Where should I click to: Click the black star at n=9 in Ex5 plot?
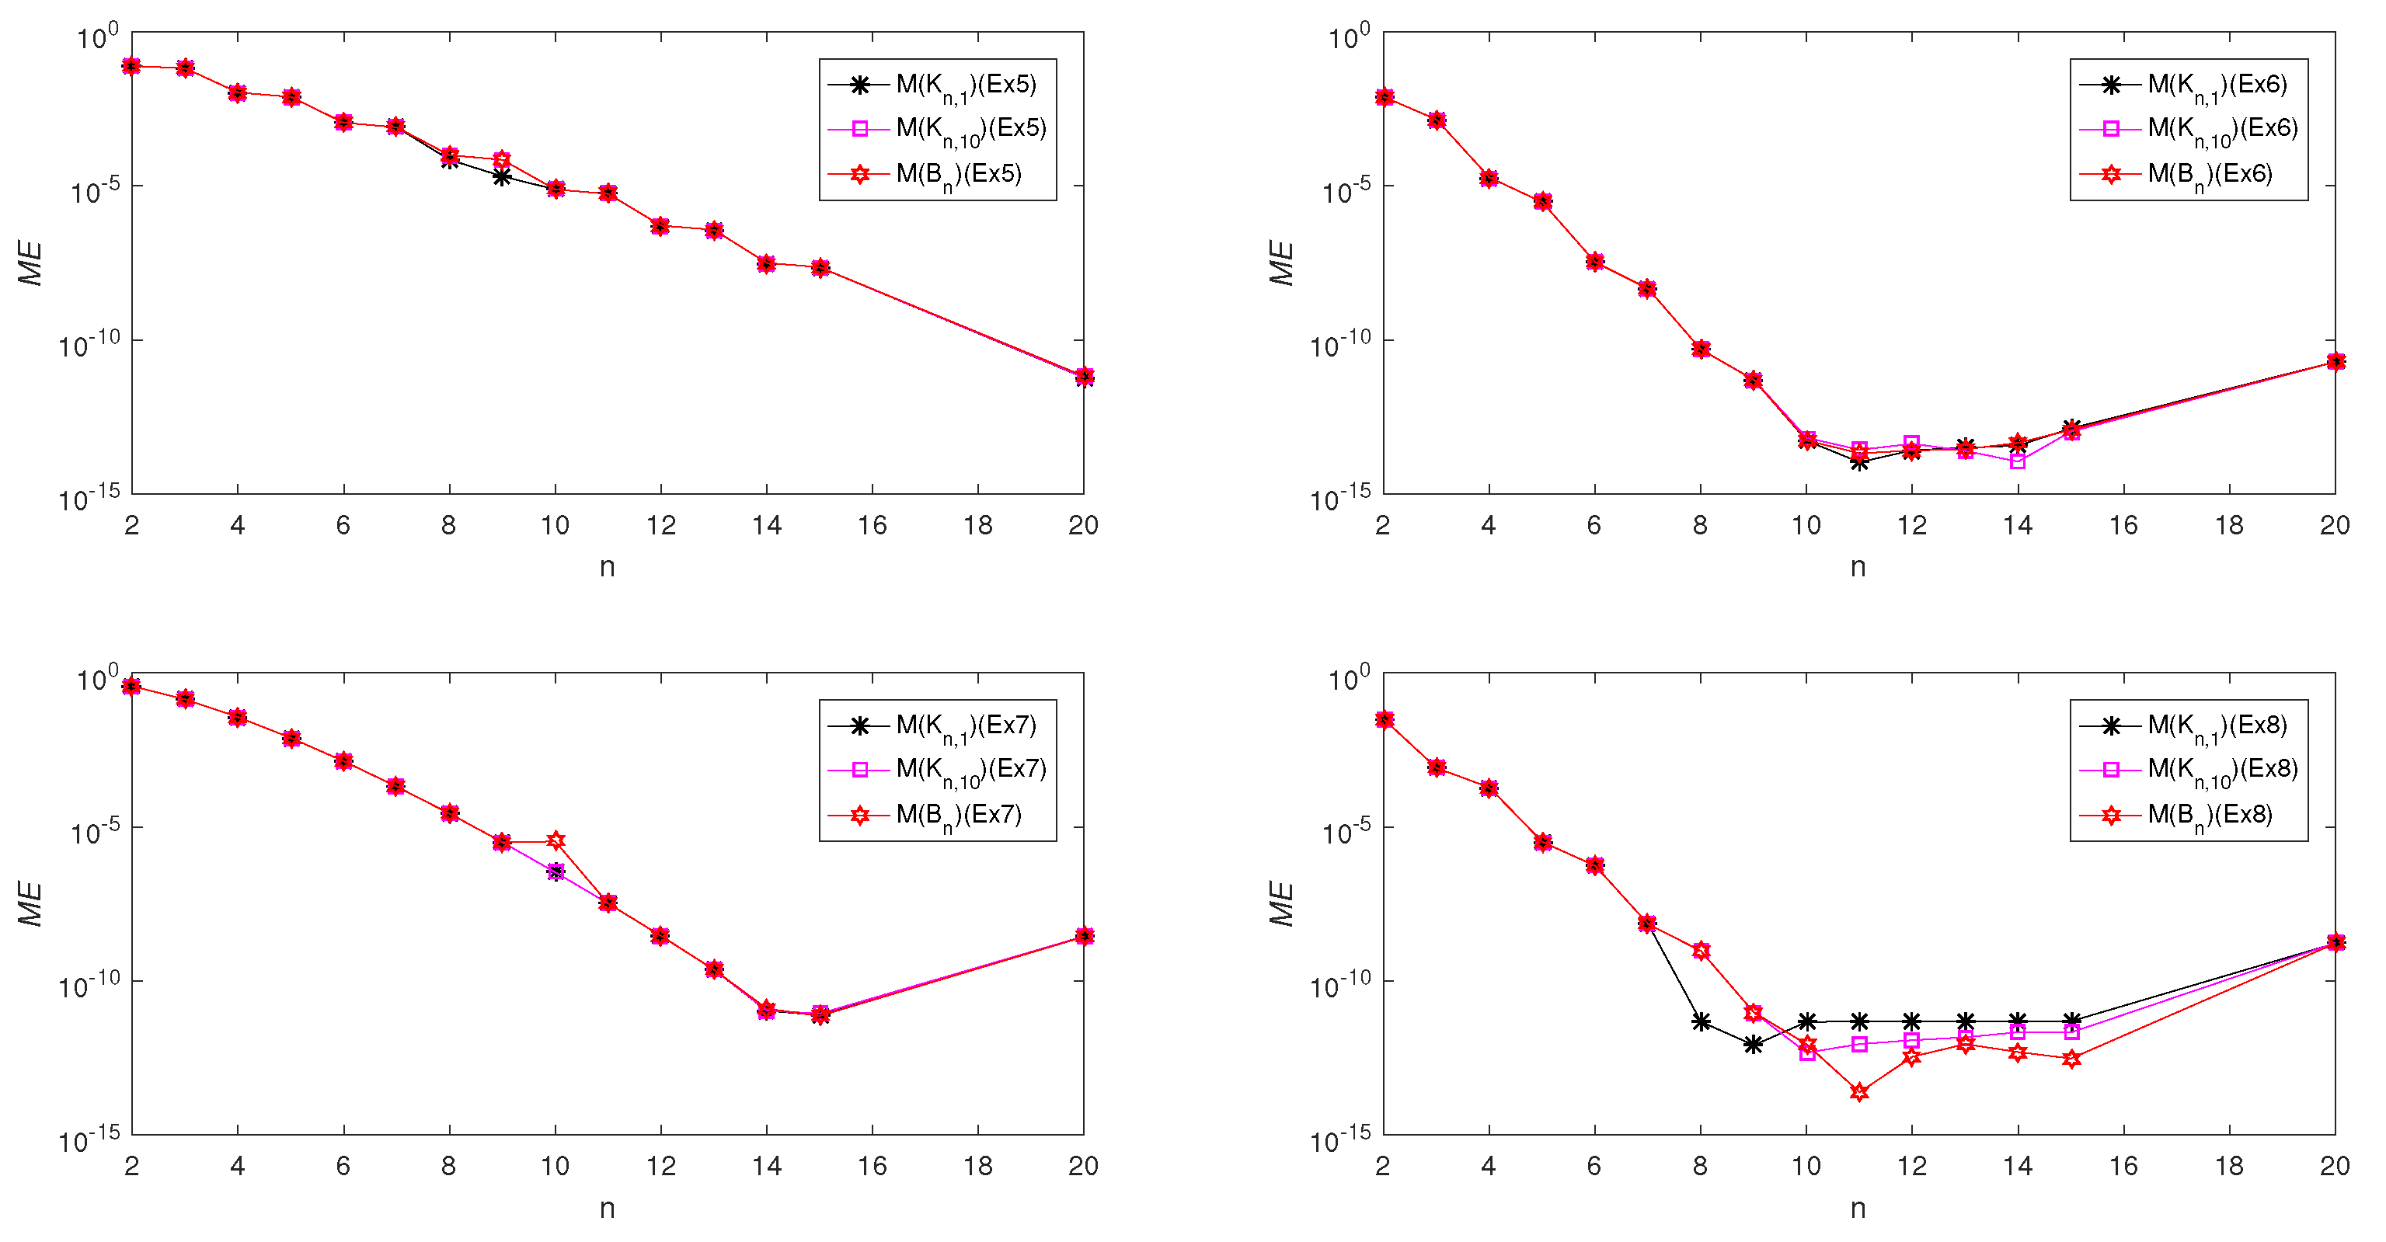502,176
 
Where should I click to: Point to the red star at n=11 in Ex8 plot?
1859,1092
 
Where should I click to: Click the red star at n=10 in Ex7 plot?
556,840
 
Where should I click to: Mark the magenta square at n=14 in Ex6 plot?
2019,461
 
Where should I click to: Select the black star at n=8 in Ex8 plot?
1701,1021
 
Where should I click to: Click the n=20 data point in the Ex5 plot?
1084,376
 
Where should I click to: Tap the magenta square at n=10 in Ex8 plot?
1807,1053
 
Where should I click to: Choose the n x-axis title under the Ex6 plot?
1858,567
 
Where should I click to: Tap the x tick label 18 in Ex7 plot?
978,1166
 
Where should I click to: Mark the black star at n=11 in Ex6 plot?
1859,461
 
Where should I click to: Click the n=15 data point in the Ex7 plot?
820,1014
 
